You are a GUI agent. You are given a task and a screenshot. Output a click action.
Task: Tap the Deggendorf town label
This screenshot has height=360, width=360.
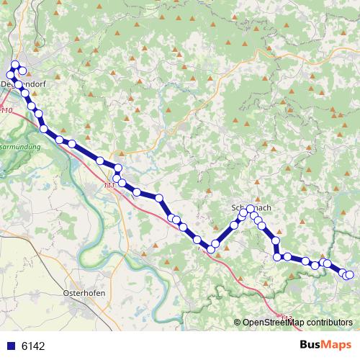[x=22, y=84]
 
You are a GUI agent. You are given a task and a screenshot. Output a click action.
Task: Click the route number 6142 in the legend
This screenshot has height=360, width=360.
[x=33, y=346]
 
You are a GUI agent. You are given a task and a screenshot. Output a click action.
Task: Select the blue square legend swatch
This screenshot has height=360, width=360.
[x=11, y=346]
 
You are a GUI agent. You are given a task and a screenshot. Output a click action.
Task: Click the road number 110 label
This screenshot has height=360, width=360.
[x=6, y=110]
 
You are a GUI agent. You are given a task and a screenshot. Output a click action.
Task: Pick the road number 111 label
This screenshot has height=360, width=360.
[x=109, y=186]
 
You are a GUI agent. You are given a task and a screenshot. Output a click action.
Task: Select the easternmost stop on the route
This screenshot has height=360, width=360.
[x=350, y=274]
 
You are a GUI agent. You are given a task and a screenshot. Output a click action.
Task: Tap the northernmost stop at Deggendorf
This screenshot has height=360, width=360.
[x=15, y=66]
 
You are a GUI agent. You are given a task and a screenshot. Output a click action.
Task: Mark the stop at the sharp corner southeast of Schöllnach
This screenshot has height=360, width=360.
[x=277, y=256]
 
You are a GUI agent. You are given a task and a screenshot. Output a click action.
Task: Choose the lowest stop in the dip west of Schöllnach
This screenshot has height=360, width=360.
[x=212, y=249]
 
